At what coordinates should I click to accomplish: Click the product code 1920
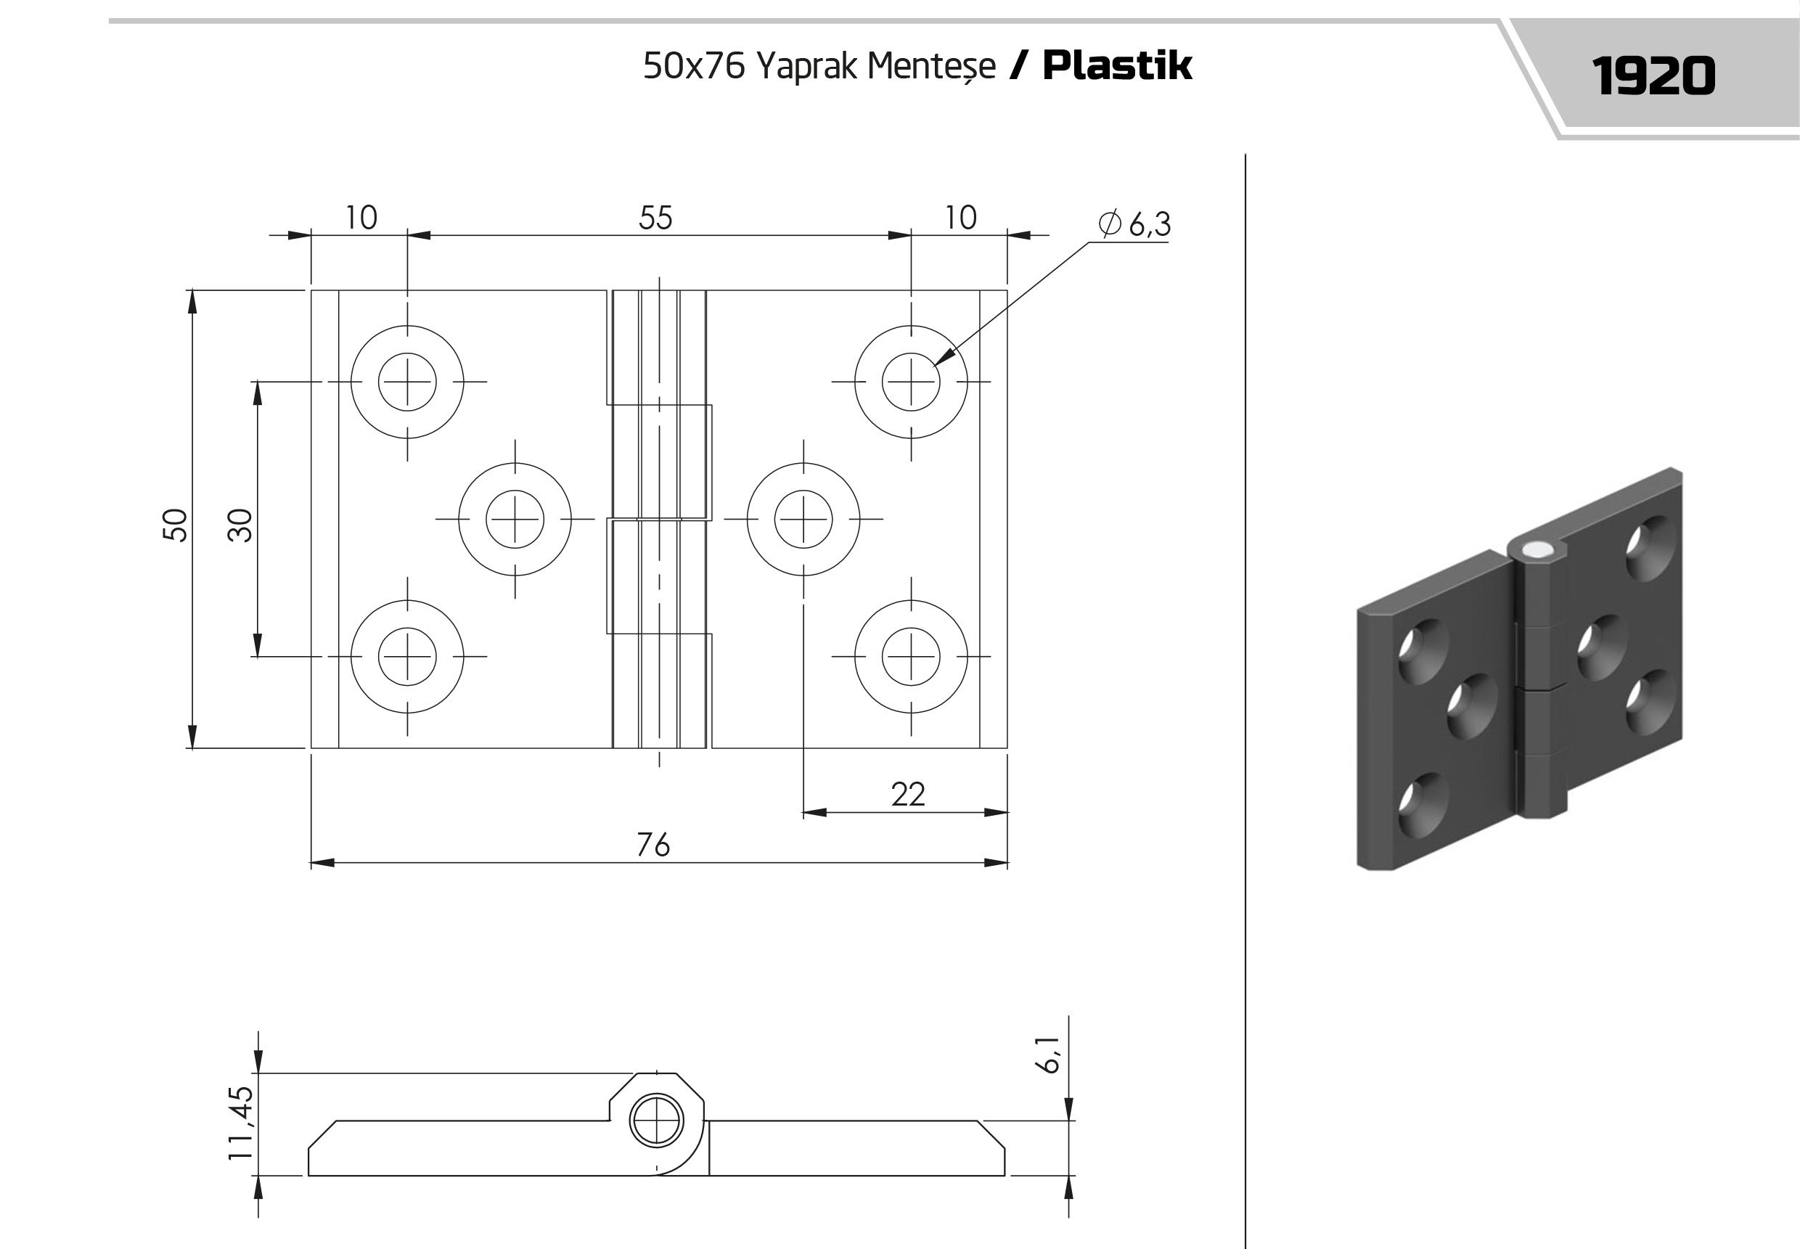tap(1653, 76)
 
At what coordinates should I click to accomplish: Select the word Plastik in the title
tap(1118, 65)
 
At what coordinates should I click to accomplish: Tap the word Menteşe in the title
tap(931, 67)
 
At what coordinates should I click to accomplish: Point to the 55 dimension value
tap(655, 218)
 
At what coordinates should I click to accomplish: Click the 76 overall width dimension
tap(652, 845)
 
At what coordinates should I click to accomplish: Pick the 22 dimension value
tap(908, 794)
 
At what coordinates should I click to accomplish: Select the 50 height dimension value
tap(176, 524)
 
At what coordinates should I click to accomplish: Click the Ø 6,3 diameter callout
tap(1134, 224)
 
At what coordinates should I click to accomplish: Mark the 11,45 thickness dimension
tap(241, 1122)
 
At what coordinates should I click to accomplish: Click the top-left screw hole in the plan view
tap(407, 382)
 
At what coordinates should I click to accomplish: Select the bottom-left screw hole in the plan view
tap(407, 657)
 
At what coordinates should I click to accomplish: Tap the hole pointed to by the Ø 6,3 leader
tap(911, 382)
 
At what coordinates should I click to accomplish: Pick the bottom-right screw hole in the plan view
tap(911, 657)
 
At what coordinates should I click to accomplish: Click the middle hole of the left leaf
tap(515, 519)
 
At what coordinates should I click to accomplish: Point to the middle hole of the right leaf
tap(803, 519)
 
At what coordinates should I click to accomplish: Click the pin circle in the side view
tap(656, 1121)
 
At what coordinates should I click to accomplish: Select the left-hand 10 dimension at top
tap(361, 218)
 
